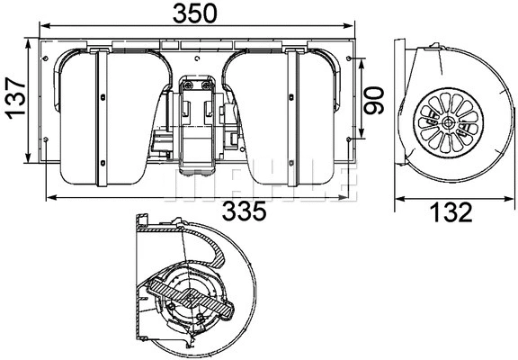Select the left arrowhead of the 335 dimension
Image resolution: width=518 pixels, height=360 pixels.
coord(49,196)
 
